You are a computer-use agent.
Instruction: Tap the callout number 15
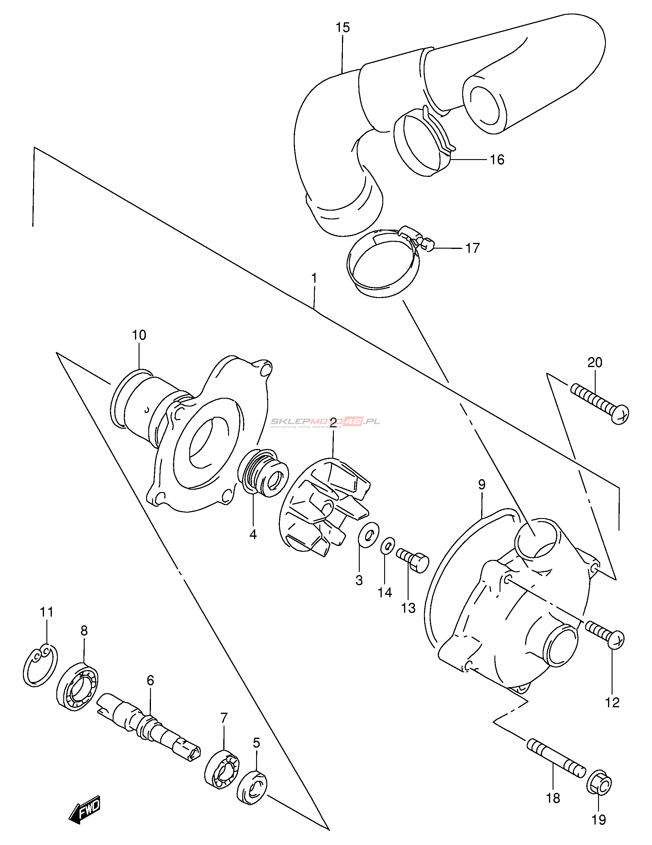[x=342, y=27]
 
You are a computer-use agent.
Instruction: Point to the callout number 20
[x=594, y=363]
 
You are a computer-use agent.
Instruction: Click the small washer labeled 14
[x=388, y=546]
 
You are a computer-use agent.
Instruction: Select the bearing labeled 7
[x=221, y=768]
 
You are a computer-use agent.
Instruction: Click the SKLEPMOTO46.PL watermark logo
[x=325, y=422]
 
